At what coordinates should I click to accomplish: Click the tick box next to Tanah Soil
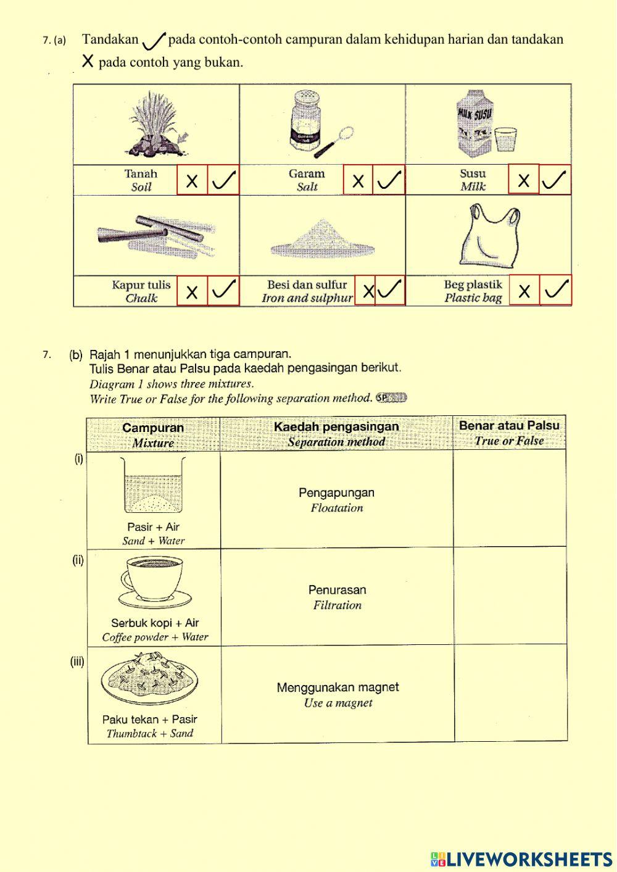(x=223, y=180)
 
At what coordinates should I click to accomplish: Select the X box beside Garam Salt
(x=358, y=180)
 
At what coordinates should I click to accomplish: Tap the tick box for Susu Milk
(x=555, y=180)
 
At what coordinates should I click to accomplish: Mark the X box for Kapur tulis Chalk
(x=192, y=291)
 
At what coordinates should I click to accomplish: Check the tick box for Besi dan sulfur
(x=390, y=290)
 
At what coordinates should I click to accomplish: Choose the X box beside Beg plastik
(x=524, y=290)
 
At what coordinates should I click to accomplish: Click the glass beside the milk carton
(x=506, y=139)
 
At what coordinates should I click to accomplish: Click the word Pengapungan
(x=336, y=492)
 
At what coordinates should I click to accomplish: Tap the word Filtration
(x=337, y=605)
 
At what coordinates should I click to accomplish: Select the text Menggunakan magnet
(x=337, y=687)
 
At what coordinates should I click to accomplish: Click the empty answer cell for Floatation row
(x=510, y=498)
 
